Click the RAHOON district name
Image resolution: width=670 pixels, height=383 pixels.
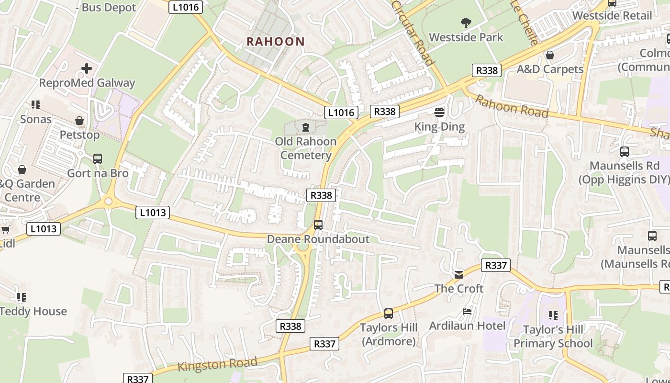click(276, 42)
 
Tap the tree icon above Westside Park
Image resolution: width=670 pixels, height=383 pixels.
click(466, 23)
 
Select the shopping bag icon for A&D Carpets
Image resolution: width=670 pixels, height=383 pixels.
click(550, 55)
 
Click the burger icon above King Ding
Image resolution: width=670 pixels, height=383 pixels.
click(439, 113)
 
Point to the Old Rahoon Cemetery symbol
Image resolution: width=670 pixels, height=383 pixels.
click(306, 127)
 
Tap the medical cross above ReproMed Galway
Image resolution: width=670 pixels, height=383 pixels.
click(87, 69)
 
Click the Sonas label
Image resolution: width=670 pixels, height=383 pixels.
click(35, 119)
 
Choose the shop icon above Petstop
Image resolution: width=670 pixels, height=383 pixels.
click(79, 121)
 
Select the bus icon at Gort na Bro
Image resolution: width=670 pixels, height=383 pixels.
click(98, 158)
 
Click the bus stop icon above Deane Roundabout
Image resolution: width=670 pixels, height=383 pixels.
click(318, 225)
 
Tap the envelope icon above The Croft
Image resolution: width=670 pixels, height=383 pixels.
click(459, 274)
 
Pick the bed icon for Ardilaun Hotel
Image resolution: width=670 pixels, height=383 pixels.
click(467, 312)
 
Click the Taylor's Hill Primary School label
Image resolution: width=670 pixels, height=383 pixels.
click(553, 337)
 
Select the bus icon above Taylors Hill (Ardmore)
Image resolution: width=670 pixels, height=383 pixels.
click(389, 314)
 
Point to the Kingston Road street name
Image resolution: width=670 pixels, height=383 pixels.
click(217, 364)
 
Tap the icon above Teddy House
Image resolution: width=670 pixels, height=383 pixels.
click(21, 297)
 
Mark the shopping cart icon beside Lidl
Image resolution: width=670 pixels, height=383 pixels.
click(5, 230)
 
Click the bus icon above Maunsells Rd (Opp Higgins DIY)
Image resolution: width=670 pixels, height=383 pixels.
click(624, 152)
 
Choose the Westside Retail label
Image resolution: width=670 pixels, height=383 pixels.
click(612, 15)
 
